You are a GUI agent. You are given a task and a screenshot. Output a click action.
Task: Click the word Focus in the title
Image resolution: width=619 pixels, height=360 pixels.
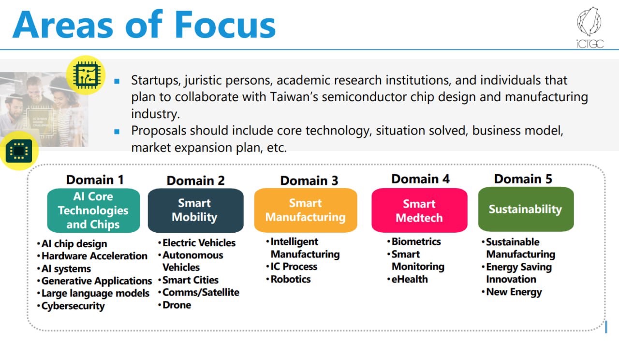tap(225, 24)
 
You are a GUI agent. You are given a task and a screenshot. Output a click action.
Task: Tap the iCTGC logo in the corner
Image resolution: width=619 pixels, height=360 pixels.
tap(590, 28)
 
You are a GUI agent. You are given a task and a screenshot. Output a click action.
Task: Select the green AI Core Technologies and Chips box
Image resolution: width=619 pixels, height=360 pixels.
tap(93, 210)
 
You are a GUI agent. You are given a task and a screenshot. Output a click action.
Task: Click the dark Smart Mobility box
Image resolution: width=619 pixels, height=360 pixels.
tap(196, 210)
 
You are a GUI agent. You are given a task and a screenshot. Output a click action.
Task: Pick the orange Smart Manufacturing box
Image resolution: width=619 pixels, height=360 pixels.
tap(306, 210)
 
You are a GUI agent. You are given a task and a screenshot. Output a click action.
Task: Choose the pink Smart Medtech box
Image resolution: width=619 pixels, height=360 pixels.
tap(419, 210)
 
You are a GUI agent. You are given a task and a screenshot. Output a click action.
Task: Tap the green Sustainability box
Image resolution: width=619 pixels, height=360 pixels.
tap(526, 209)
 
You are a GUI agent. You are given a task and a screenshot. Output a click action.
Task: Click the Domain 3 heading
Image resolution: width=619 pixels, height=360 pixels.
tap(309, 180)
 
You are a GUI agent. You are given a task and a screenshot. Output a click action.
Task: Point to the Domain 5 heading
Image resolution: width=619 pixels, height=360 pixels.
tap(523, 179)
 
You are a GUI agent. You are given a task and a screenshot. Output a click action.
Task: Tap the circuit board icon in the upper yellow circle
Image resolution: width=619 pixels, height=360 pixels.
tap(87, 75)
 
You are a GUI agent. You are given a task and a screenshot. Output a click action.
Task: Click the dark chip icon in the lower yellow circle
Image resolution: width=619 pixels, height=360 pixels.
tap(19, 151)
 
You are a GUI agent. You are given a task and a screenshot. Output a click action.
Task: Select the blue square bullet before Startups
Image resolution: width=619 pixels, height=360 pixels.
tap(117, 81)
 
